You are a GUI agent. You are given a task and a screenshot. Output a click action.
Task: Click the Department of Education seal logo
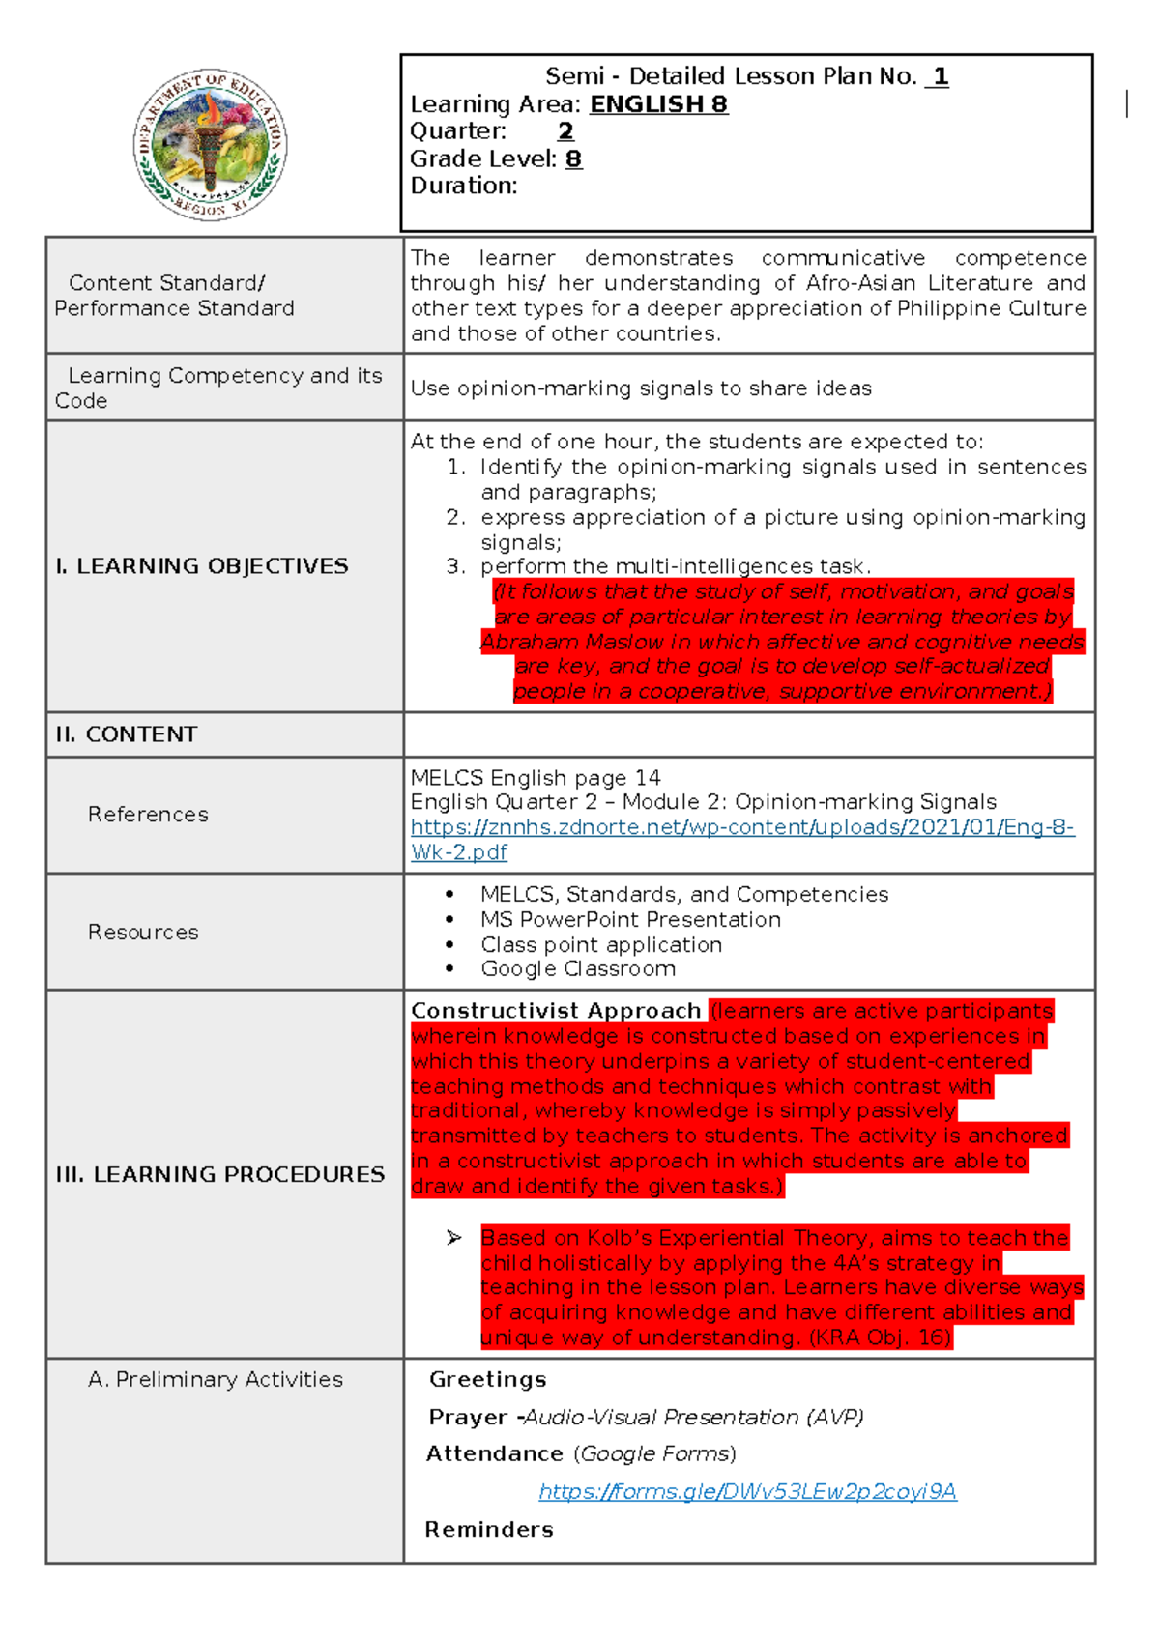210,145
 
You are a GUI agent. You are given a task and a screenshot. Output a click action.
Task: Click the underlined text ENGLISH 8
658,104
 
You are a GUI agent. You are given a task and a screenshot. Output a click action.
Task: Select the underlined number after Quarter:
565,131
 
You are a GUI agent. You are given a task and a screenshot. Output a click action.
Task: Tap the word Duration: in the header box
463,186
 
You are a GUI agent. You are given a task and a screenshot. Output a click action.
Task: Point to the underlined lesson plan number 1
939,76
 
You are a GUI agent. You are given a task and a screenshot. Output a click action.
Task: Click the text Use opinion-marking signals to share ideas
641,388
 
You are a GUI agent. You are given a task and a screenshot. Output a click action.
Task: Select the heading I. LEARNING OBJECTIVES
201,566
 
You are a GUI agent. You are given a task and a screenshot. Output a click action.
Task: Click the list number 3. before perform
455,566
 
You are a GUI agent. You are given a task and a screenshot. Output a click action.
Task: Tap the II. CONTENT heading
126,734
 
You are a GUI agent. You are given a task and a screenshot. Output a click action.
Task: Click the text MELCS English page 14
536,778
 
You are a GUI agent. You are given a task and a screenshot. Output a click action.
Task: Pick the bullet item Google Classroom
577,969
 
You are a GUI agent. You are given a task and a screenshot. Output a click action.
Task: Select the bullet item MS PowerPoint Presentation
630,920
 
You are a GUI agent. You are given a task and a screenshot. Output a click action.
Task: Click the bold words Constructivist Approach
555,1011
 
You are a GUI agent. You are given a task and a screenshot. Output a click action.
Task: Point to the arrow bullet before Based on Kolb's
454,1238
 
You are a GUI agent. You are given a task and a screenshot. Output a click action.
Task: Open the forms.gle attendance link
747,1492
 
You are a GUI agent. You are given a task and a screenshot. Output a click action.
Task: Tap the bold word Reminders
489,1530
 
